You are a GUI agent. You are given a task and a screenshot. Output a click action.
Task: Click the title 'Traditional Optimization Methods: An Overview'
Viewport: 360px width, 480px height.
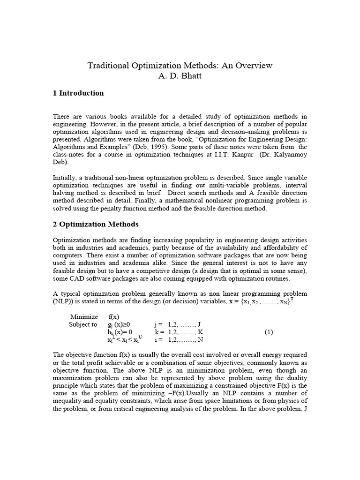click(x=180, y=66)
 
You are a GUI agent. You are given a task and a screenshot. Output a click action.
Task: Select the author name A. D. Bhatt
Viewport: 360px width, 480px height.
click(x=180, y=76)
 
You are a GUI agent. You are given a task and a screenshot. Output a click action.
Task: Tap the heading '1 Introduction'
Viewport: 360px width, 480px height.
click(x=78, y=93)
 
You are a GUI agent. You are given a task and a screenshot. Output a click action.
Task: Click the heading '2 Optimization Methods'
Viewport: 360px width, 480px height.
click(x=96, y=224)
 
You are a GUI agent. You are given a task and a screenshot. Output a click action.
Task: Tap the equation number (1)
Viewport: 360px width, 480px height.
click(x=269, y=332)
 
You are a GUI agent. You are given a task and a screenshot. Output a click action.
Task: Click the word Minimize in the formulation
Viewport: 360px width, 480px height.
click(x=84, y=316)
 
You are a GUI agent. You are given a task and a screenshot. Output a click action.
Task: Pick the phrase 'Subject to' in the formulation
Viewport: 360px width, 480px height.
click(x=83, y=324)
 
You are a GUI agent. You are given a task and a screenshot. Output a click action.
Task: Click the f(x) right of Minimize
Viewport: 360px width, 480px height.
click(x=114, y=316)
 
